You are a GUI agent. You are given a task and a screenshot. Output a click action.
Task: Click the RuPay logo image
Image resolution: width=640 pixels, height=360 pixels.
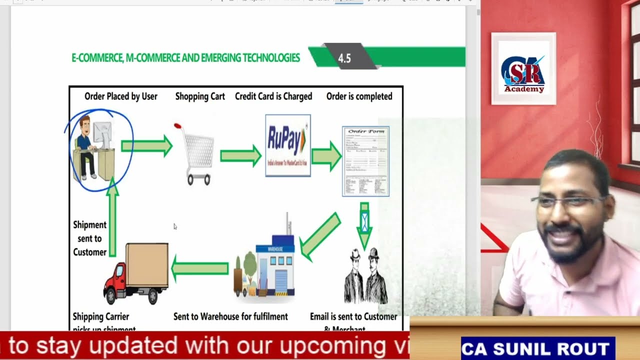pyautogui.click(x=288, y=145)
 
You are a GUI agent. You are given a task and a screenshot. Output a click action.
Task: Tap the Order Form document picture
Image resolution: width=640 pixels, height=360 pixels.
pyautogui.click(x=365, y=161)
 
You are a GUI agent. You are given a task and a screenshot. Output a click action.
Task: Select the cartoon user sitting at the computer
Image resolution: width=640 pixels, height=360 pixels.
pyautogui.click(x=92, y=148)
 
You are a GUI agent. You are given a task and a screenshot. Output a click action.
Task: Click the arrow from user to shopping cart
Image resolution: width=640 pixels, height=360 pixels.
pyautogui.click(x=146, y=146)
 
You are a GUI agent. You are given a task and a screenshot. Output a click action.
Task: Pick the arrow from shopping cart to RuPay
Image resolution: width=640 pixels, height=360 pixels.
pyautogui.click(x=240, y=156)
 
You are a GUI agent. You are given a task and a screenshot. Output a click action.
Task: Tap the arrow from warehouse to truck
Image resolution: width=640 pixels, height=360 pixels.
pyautogui.click(x=200, y=268)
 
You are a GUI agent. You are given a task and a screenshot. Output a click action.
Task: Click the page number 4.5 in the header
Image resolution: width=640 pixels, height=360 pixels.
pyautogui.click(x=344, y=58)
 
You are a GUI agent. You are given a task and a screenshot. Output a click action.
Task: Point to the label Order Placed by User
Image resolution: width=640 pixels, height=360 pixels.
pyautogui.click(x=121, y=96)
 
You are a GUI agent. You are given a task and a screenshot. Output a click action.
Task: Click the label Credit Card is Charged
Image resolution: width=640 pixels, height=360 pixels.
pyautogui.click(x=273, y=96)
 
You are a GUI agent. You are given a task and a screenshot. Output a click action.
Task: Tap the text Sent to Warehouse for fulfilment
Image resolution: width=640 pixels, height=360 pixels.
pyautogui.click(x=230, y=316)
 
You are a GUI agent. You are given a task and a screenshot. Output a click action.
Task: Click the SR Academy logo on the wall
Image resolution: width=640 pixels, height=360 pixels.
pyautogui.click(x=523, y=69)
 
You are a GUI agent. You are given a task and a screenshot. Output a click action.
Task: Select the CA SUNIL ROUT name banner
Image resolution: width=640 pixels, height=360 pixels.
pyautogui.click(x=538, y=348)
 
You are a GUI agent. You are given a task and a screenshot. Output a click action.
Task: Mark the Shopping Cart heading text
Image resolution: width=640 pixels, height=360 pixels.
pyautogui.click(x=200, y=96)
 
